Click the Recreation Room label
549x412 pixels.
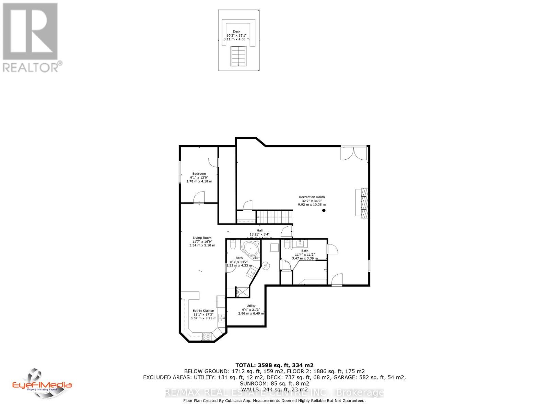coord(312,197)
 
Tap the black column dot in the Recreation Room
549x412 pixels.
coord(324,210)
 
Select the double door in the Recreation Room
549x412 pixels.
coord(354,153)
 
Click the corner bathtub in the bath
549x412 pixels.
coord(250,249)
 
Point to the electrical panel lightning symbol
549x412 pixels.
coord(266,265)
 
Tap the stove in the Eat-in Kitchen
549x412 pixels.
coord(206,337)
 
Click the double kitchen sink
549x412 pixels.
coord(222,318)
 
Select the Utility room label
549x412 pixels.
coord(251,306)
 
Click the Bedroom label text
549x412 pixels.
coord(199,174)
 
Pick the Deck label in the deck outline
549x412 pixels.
coord(236,32)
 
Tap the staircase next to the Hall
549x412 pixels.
coord(274,217)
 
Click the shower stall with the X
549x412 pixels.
coord(243,292)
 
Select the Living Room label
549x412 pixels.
coord(202,238)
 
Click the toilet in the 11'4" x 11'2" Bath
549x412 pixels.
coord(286,244)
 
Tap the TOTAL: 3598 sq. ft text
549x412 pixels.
coord(274,365)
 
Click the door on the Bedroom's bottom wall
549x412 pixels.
coord(199,198)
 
